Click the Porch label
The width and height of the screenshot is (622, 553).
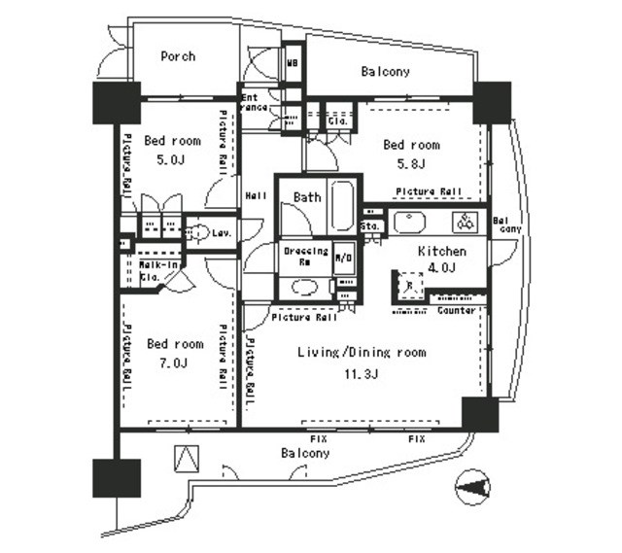point(178,56)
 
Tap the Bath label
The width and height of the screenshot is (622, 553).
point(307,197)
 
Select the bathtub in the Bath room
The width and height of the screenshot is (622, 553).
point(342,205)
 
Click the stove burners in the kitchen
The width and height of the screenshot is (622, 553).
point(466,223)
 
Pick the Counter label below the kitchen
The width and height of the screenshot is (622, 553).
point(456,311)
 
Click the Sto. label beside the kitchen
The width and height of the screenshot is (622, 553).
point(370,226)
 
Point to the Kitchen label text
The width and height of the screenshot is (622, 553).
point(441,252)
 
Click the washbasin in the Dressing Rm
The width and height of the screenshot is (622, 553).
point(304,287)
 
